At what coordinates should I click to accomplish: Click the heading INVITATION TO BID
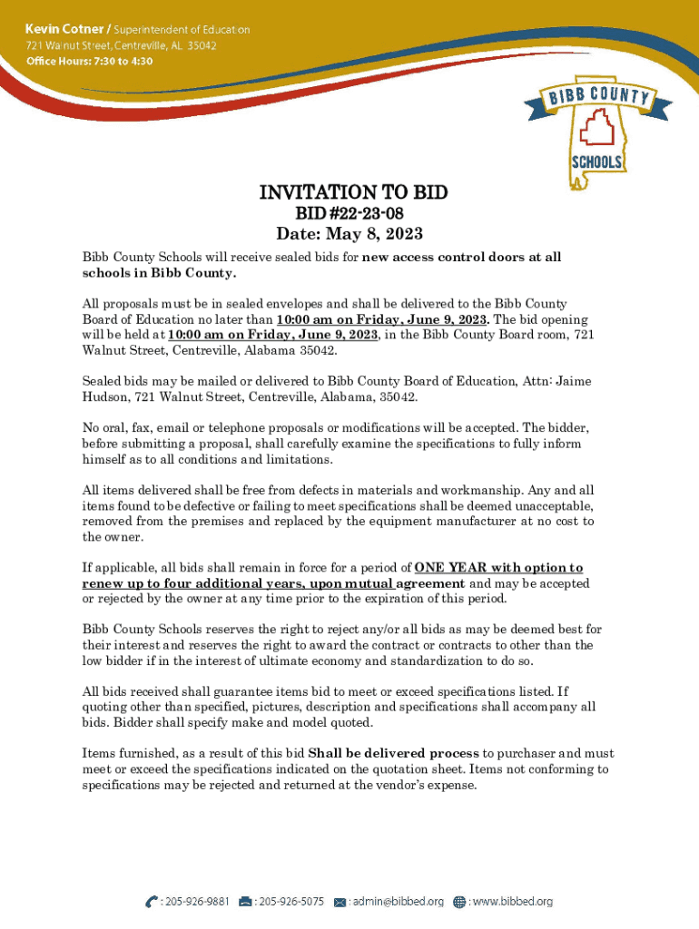tap(353, 192)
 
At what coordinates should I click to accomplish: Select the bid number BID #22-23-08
tap(349, 213)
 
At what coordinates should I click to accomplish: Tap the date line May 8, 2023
tap(349, 234)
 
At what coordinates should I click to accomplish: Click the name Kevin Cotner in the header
tap(64, 29)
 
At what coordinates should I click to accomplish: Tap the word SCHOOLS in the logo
tap(596, 162)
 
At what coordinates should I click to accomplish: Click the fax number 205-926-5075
tap(290, 902)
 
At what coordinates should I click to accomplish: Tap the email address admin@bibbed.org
tap(398, 902)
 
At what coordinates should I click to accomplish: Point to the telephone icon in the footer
tap(151, 902)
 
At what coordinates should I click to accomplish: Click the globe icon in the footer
tap(459, 902)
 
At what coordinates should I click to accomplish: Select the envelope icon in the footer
tap(340, 902)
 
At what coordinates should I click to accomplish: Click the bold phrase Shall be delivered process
tap(394, 753)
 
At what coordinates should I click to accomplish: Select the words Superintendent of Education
tap(181, 29)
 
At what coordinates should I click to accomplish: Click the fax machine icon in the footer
tap(245, 902)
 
